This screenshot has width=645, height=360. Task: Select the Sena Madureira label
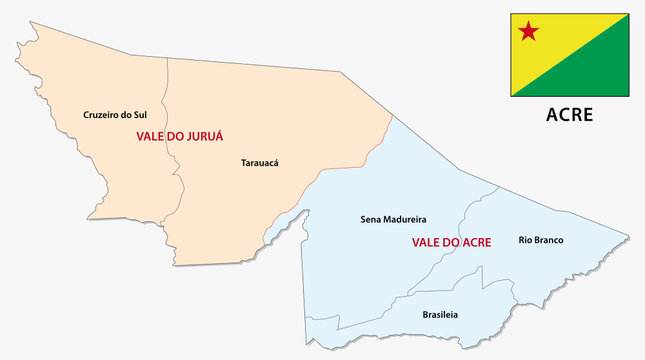(393, 218)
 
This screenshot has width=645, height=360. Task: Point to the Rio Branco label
(541, 239)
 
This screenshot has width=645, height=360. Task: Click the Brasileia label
(440, 314)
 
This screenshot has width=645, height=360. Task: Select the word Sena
(369, 218)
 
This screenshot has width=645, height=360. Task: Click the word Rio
(525, 239)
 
